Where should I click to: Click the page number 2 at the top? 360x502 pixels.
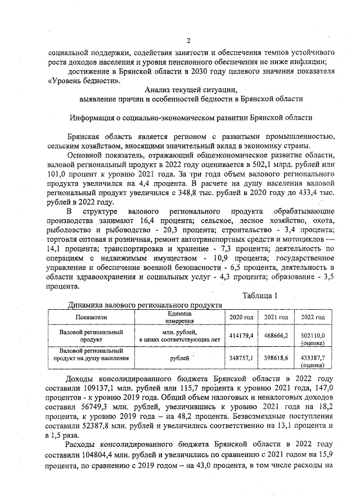pyautogui.click(x=189, y=40)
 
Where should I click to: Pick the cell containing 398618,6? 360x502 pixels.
pyautogui.click(x=276, y=358)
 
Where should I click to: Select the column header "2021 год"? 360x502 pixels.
pyautogui.click(x=276, y=318)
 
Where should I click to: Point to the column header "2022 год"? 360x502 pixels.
pyautogui.click(x=313, y=318)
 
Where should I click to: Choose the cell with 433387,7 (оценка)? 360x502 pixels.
pyautogui.click(x=313, y=360)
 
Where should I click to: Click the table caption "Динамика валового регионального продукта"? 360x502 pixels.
pyautogui.click(x=144, y=305)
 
